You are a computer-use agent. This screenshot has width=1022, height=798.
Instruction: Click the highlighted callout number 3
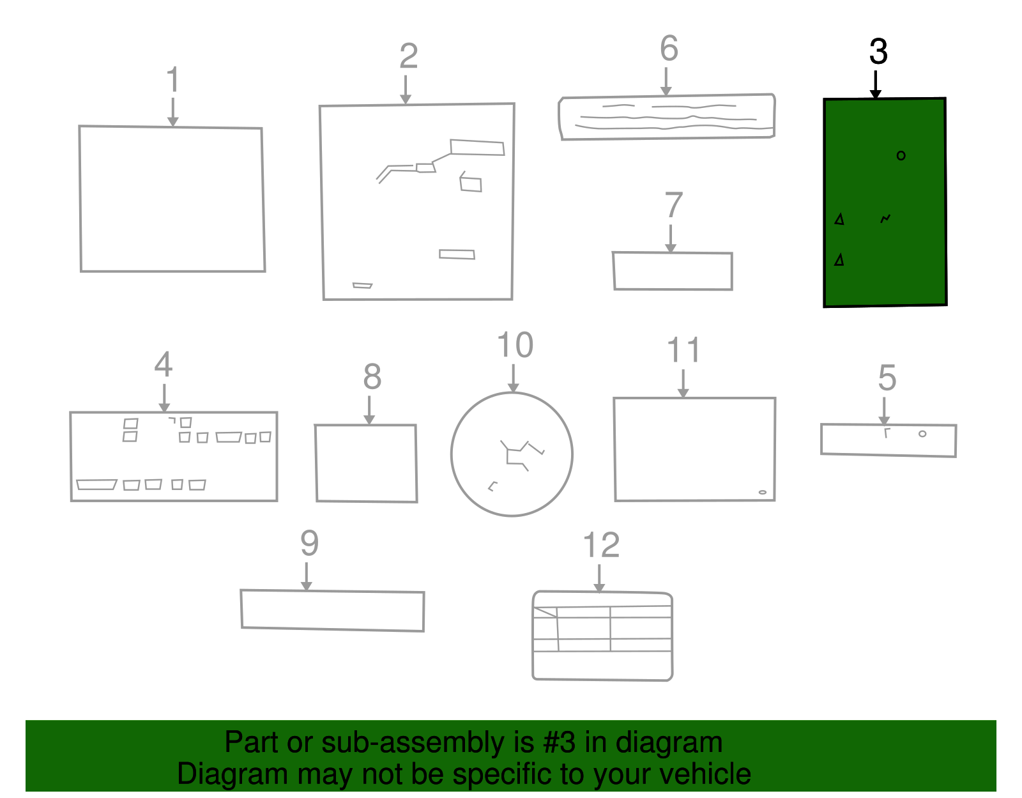tap(878, 51)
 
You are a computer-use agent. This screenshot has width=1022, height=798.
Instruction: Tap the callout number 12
tap(601, 545)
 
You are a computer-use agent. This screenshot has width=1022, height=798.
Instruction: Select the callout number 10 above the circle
tap(515, 344)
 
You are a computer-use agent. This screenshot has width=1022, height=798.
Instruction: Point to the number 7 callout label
tap(673, 205)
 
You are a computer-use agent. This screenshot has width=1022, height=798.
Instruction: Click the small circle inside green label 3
tap(901, 156)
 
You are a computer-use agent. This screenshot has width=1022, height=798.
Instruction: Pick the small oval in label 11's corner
tap(763, 493)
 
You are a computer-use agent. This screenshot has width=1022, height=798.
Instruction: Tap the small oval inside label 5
tap(922, 434)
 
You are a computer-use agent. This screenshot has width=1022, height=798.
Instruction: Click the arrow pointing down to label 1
tap(173, 112)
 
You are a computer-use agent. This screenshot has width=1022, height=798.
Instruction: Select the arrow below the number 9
tap(307, 576)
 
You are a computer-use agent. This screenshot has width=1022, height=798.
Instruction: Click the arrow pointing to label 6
tap(666, 82)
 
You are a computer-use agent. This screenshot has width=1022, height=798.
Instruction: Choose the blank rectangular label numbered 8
tap(366, 463)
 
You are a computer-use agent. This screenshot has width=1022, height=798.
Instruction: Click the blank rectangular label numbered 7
tap(673, 272)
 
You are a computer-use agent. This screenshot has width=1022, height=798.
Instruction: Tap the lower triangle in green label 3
tap(839, 259)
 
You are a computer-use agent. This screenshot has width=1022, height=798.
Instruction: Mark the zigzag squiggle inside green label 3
tap(885, 219)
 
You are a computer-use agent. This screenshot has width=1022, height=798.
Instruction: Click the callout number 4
tap(163, 364)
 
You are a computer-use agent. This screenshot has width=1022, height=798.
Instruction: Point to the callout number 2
tap(408, 56)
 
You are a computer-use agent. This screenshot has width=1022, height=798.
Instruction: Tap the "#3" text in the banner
tap(559, 742)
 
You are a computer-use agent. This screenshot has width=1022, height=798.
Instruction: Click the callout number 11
tap(684, 350)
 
